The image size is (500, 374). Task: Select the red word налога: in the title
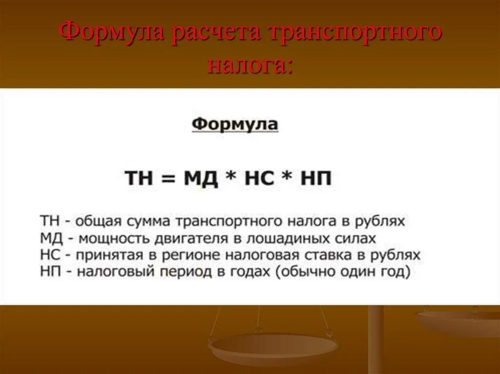point(250,65)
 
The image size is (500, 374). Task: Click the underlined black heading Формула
point(234,124)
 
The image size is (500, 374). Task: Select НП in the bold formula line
point(316,178)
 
